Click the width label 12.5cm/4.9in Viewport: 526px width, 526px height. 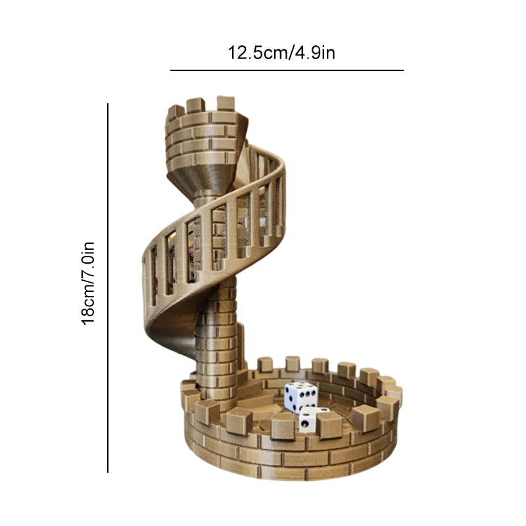[281, 52]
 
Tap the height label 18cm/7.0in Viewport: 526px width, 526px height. [89, 283]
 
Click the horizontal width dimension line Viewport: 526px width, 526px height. [287, 70]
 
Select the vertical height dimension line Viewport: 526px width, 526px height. [108, 287]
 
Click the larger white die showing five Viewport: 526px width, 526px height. [300, 396]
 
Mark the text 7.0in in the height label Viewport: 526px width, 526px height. [89, 260]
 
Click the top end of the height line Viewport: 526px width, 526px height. [108, 104]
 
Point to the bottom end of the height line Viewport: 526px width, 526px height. [108, 471]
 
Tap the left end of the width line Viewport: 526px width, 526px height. [171, 70]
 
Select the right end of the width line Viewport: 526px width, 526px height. [403, 70]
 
